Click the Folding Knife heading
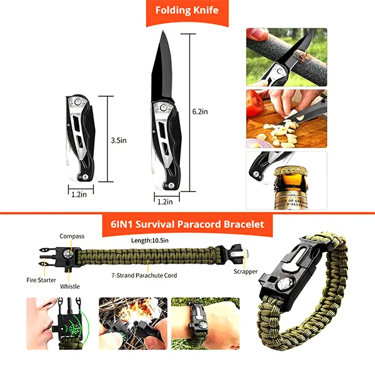[187, 10]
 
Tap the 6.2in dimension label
[200, 112]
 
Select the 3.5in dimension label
[119, 140]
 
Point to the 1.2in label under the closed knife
[79, 194]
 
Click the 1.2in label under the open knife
[165, 202]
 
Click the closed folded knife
[81, 138]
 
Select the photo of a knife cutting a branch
[287, 57]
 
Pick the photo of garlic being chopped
[287, 119]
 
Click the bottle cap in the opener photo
[291, 171]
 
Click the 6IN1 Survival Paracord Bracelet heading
[187, 225]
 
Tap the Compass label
[72, 237]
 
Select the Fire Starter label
[41, 280]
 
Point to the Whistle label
[70, 286]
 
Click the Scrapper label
[245, 271]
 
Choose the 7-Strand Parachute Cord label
[144, 276]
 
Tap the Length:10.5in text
[150, 240]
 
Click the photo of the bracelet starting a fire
[133, 323]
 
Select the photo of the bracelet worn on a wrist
[206, 323]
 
